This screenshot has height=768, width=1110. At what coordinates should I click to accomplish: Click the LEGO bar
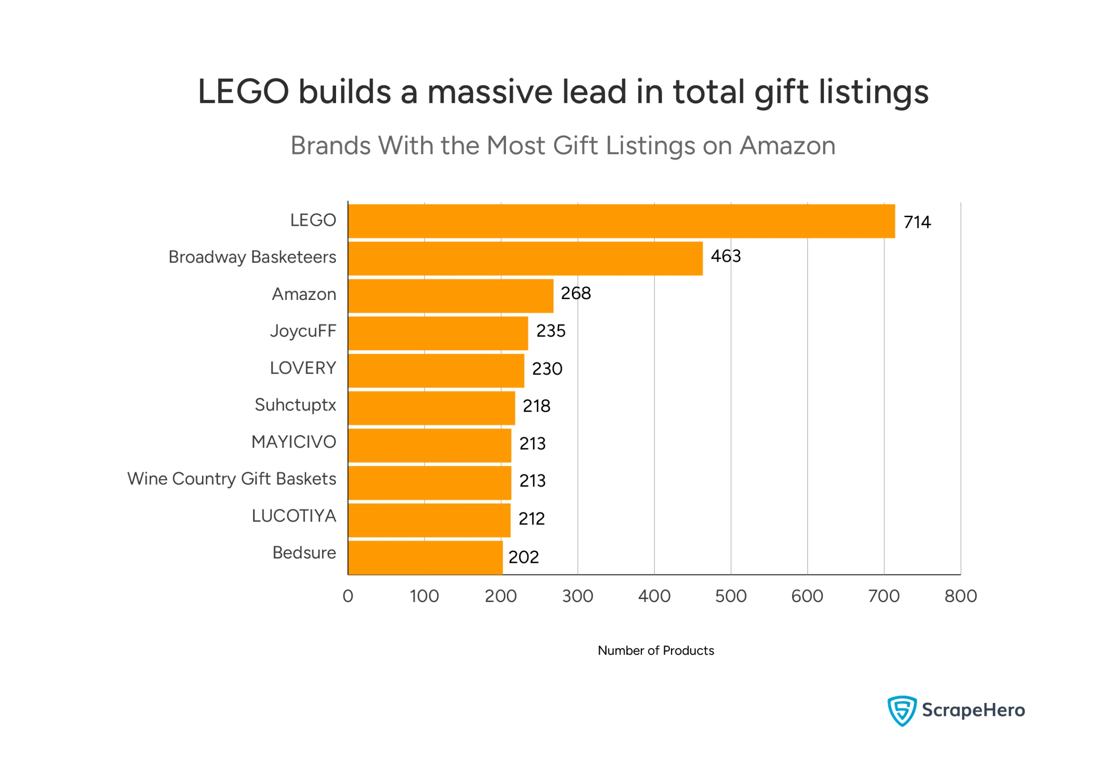621,221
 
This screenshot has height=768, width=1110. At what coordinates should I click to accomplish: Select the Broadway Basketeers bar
525,258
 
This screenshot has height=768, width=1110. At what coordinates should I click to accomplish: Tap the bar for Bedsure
425,557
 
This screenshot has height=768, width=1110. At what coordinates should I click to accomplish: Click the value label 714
917,222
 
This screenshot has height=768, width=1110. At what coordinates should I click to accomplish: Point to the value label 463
725,256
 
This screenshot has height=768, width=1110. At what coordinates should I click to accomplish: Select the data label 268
576,293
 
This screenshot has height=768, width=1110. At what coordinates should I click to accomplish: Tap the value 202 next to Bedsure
523,557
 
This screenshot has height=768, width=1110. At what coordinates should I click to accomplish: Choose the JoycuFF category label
303,331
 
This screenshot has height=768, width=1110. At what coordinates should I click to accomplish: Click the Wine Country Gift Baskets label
232,479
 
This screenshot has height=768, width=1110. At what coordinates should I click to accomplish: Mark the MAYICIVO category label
294,442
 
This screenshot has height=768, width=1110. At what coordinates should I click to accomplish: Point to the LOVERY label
303,368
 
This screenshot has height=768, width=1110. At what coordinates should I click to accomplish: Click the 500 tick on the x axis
730,596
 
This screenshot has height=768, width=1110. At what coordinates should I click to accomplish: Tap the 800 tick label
960,596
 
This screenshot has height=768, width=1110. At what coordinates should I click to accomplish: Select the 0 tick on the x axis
348,596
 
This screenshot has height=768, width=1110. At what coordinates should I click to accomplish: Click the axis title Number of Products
656,651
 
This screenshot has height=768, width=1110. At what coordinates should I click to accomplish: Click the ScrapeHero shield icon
901,710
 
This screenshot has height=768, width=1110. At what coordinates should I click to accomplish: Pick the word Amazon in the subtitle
787,145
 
